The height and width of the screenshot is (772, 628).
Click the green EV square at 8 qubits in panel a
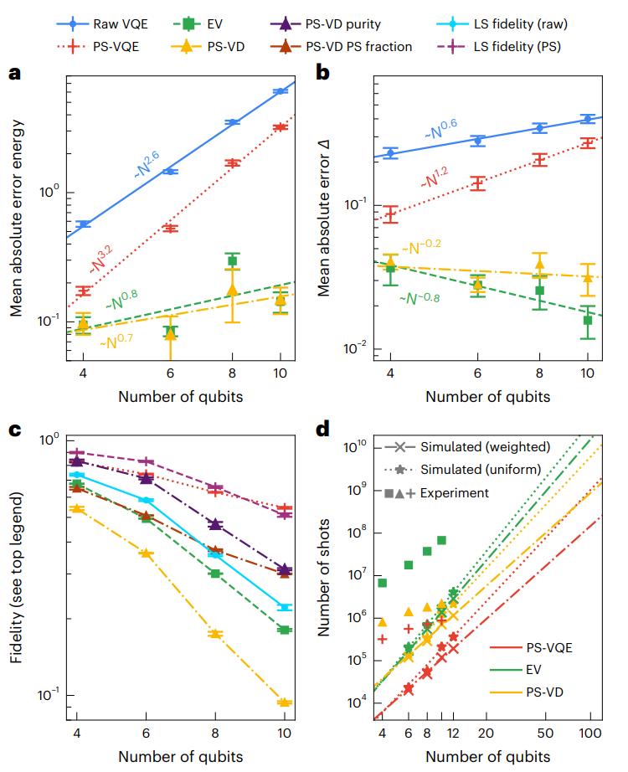coord(233,261)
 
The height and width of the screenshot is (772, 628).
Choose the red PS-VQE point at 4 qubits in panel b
coord(389,214)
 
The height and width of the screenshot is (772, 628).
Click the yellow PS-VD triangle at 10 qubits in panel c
coord(284,703)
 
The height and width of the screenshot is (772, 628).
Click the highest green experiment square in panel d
coord(441,540)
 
